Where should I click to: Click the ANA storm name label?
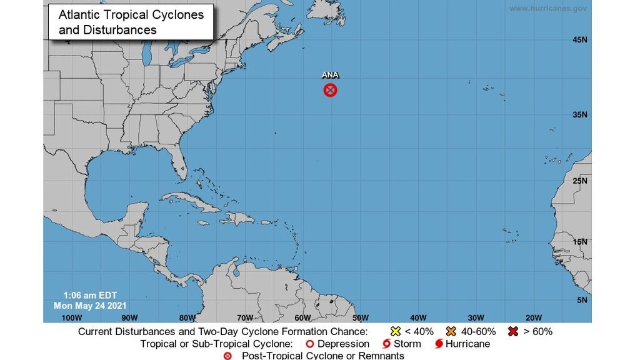coord(330,75)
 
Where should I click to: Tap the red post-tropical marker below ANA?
coord(330,90)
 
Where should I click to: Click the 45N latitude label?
coord(579,40)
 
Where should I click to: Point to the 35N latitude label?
coord(579,114)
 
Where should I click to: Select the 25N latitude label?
coord(579,181)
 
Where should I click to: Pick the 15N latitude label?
coord(579,242)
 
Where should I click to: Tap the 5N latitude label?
coord(582,300)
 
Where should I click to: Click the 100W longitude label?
coord(72,317)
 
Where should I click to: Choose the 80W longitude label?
coord(187,317)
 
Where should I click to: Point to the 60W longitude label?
coord(302,317)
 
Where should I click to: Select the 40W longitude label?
coord(418,317)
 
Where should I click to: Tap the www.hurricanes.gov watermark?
coord(548,9)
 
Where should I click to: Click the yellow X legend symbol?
coord(395,331)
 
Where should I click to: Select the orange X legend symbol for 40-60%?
coord(451,331)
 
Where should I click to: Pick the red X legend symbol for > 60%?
coord(514,331)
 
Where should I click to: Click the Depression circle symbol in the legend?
coord(309,344)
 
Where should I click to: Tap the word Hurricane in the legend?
coord(467,344)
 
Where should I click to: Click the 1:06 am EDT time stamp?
coord(90,295)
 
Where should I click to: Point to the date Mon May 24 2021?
coord(90,305)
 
